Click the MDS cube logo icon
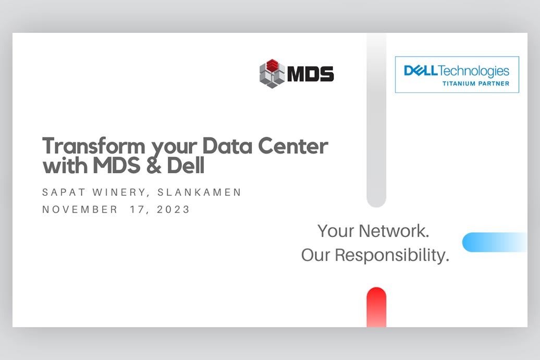point(272,73)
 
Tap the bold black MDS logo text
point(310,73)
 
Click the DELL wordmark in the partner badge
point(421,70)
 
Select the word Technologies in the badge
point(474,71)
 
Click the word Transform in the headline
point(94,146)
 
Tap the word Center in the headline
point(293,146)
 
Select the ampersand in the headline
point(154,166)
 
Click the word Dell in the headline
point(186,165)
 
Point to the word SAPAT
point(64,192)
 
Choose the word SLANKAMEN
point(200,192)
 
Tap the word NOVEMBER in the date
point(80,209)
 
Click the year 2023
point(173,209)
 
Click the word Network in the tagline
point(394,231)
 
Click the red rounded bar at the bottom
point(376,307)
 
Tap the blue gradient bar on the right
point(495,242)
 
